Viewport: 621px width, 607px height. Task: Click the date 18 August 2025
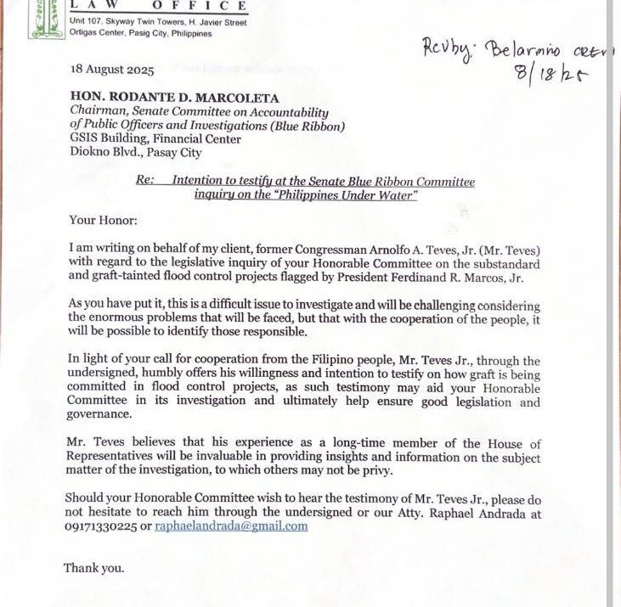(x=111, y=70)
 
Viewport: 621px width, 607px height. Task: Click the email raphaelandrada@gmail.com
(x=231, y=526)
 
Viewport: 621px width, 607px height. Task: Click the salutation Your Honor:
(x=103, y=221)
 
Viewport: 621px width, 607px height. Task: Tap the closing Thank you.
(x=93, y=568)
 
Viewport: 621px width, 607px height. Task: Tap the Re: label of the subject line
(x=145, y=181)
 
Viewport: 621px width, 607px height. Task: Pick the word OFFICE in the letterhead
(x=206, y=6)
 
